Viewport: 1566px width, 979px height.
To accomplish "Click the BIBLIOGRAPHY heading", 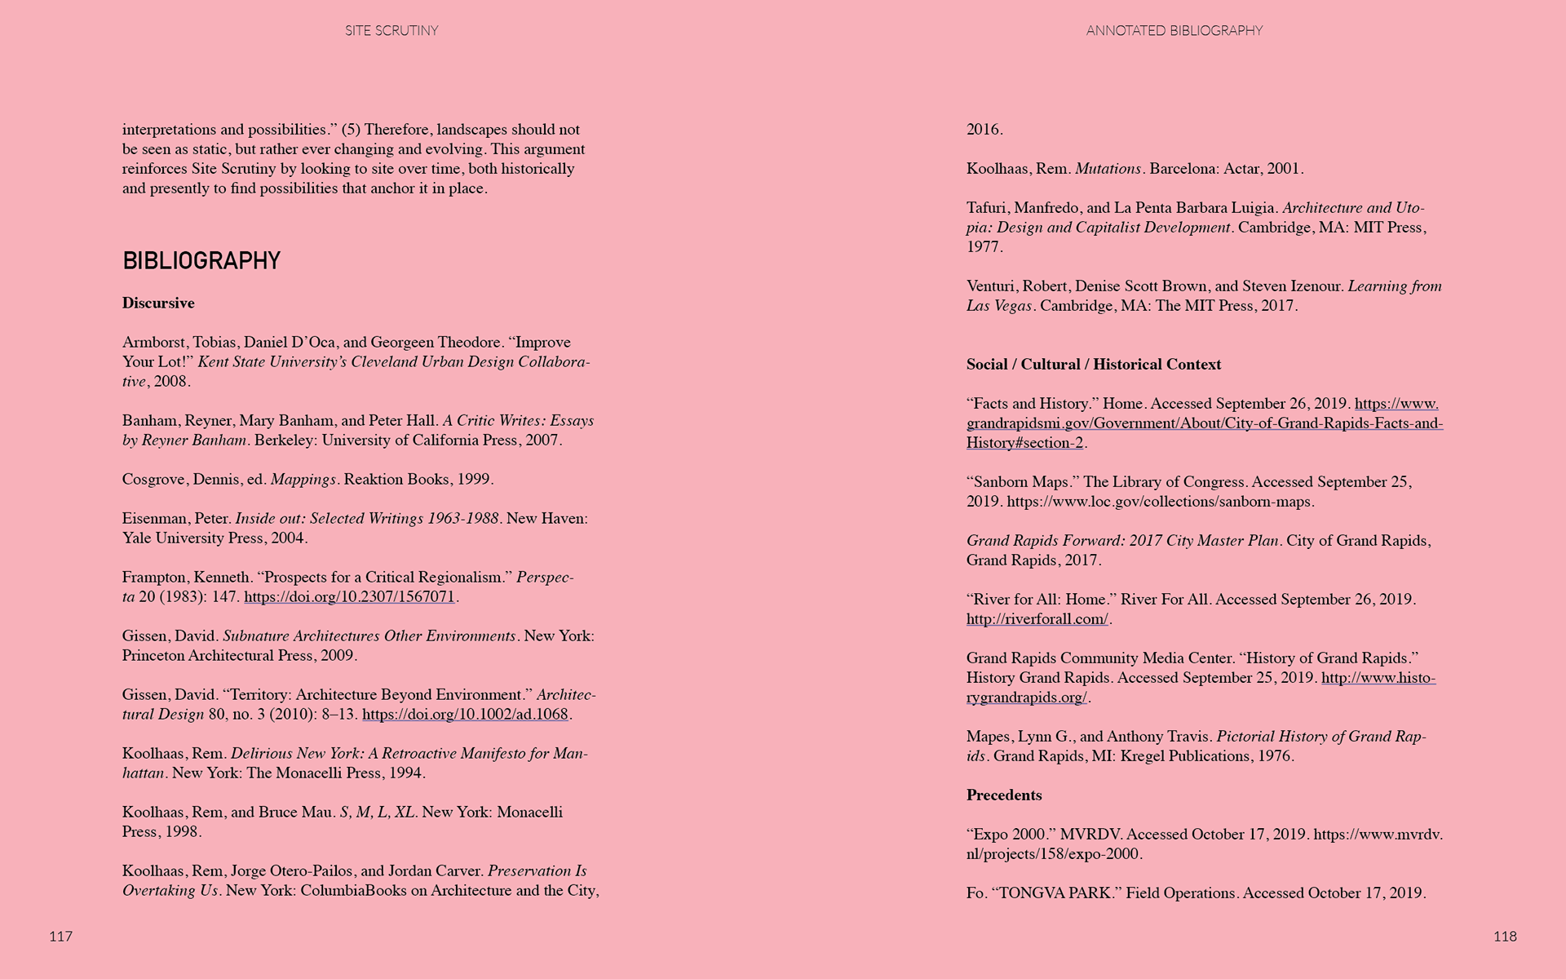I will pos(201,261).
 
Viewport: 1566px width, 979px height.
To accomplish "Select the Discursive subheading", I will pos(158,303).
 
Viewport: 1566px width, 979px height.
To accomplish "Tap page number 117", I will pos(61,937).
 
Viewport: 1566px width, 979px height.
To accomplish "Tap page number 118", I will pos(1505,937).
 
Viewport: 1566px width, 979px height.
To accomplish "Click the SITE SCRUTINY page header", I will pos(391,31).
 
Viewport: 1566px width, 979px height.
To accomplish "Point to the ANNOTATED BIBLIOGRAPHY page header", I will pos(1174,31).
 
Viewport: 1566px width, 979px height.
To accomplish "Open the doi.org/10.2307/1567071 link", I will pos(349,597).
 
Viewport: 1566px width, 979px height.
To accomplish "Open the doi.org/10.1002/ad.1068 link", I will pos(465,715).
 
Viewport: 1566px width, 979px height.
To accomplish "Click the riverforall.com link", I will pos(1037,619).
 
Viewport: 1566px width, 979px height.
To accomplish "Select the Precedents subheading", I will pos(1004,795).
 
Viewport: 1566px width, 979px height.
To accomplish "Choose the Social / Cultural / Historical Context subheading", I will pos(1093,365).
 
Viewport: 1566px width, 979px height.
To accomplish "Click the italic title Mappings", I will pos(303,480).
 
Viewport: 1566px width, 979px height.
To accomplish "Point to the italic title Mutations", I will pos(1108,169).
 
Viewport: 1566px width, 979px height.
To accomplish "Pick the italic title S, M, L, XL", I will pos(377,813).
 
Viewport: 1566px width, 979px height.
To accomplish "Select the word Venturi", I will pos(991,286).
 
